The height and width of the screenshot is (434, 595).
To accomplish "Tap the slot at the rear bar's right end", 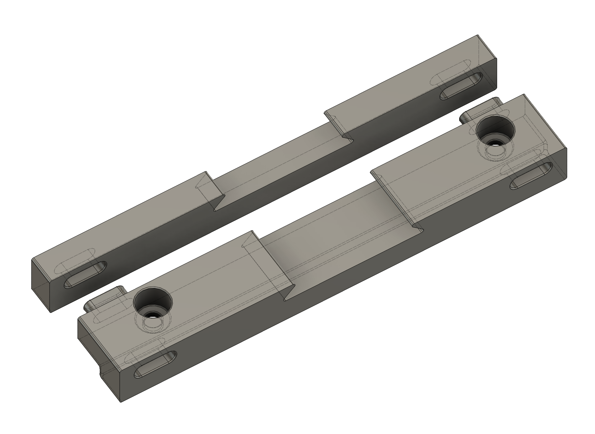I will click(x=461, y=86).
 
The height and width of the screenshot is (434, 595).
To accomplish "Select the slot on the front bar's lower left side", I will click(x=155, y=364).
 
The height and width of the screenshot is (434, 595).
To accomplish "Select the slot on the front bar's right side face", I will click(x=531, y=175).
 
